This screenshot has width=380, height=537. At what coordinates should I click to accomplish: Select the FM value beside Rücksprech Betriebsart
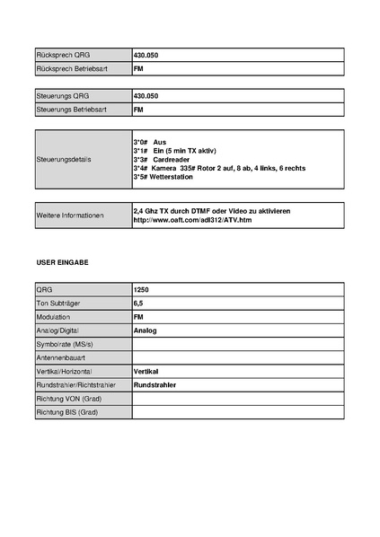(138, 69)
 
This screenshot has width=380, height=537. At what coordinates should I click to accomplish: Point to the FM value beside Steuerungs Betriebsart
(138, 110)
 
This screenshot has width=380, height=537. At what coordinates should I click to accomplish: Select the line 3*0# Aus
(150, 142)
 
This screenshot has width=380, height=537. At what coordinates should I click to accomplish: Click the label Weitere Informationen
(70, 216)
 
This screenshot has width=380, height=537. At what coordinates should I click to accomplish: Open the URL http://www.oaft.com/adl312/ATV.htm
(192, 220)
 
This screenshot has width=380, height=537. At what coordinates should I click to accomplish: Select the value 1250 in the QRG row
(141, 290)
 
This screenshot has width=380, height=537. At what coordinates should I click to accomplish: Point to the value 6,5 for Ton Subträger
(138, 304)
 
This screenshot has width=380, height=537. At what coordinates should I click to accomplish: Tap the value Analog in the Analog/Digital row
(145, 330)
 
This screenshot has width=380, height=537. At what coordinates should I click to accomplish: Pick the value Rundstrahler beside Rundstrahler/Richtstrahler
(155, 384)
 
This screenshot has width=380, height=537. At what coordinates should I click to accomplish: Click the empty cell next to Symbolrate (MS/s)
(237, 344)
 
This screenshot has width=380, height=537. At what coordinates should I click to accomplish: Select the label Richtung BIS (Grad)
(66, 411)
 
